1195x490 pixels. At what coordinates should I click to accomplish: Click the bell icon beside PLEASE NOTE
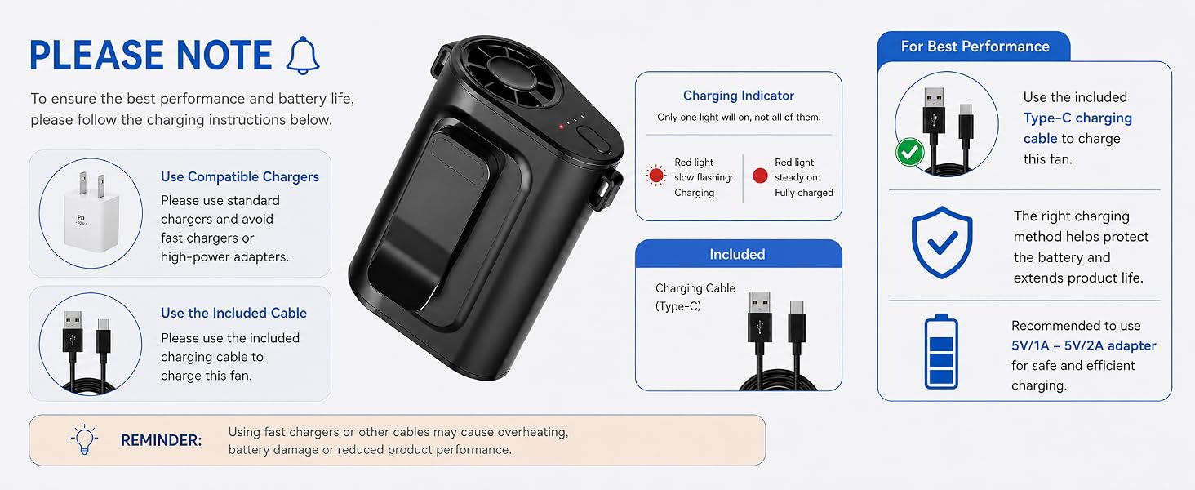click(303, 56)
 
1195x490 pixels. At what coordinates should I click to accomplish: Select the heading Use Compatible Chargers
click(240, 176)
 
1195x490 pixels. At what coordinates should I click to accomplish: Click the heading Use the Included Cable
click(233, 313)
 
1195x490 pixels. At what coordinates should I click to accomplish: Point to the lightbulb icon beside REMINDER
click(84, 440)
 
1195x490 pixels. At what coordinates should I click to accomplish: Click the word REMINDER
click(161, 440)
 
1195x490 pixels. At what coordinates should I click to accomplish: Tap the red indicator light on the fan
click(561, 127)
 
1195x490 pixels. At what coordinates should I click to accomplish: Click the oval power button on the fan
click(593, 140)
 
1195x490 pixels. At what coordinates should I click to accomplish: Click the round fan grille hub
click(510, 74)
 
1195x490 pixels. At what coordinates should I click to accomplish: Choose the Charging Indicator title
click(739, 96)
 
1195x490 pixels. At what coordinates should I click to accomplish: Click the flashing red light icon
click(655, 175)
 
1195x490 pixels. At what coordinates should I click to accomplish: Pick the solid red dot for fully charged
click(760, 175)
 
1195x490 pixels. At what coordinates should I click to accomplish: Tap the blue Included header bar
click(739, 253)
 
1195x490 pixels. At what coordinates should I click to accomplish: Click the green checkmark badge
click(910, 152)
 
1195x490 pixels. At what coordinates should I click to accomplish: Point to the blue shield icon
click(942, 243)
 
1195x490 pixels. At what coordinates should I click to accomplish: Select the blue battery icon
click(941, 351)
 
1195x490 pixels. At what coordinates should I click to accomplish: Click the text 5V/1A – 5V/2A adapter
click(1083, 346)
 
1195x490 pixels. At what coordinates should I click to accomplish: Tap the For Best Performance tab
click(975, 47)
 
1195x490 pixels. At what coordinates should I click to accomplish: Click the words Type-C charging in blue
click(1077, 118)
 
